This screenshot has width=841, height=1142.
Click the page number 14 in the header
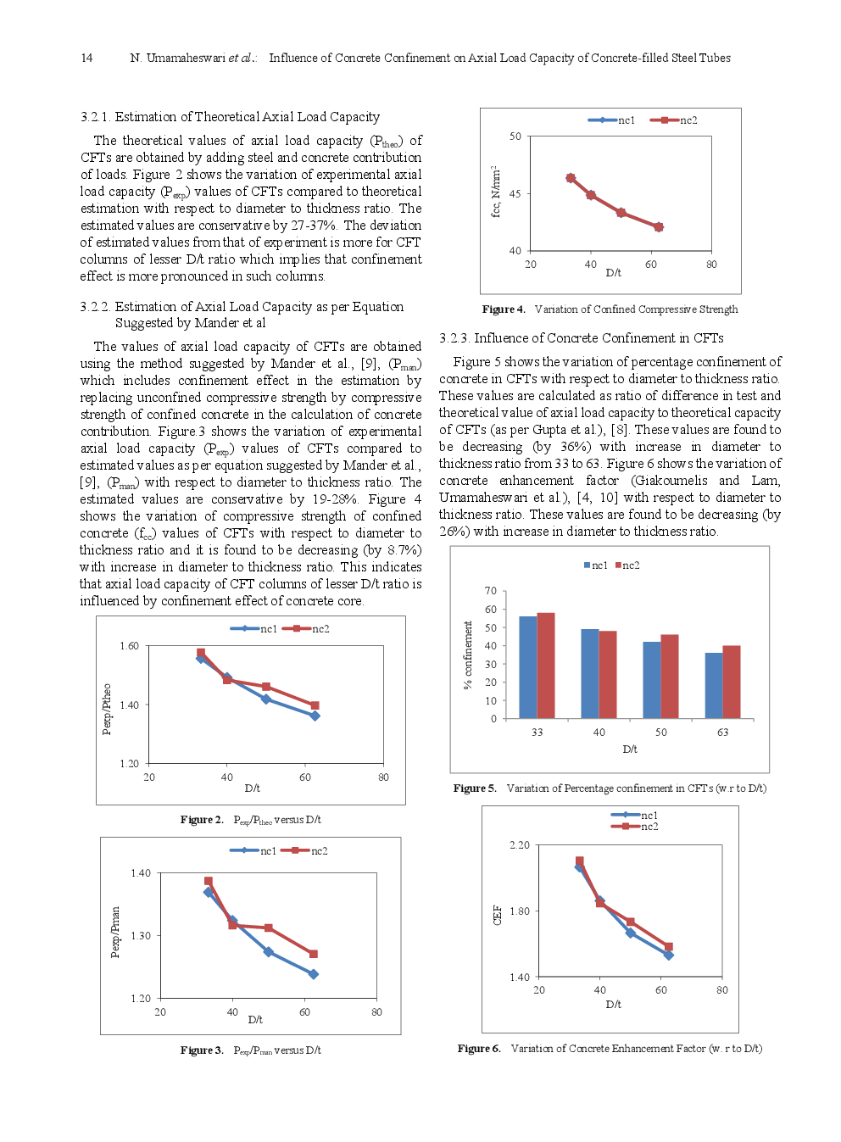pos(86,58)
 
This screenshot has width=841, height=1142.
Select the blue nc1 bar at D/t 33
pos(527,667)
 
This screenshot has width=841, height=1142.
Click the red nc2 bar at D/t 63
pos(732,682)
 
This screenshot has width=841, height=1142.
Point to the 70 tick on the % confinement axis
pos(491,591)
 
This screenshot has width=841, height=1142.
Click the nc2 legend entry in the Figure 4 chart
pos(674,120)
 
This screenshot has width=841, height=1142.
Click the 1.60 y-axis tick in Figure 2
pos(129,646)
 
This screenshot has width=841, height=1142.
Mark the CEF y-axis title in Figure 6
pos(498,914)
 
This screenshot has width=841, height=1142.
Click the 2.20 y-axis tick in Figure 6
pos(519,845)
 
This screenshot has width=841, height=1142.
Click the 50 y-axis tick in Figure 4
pos(515,136)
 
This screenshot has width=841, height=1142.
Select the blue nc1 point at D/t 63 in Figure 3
pos(314,974)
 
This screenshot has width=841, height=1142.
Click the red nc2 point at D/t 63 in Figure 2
pos(315,705)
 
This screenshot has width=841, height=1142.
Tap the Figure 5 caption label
pos(475,788)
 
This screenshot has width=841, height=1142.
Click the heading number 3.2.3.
pos(454,338)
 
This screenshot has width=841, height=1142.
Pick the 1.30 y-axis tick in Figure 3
pos(140,936)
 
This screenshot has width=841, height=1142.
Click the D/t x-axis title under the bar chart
pos(630,749)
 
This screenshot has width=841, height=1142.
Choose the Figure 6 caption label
pos(479,1049)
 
